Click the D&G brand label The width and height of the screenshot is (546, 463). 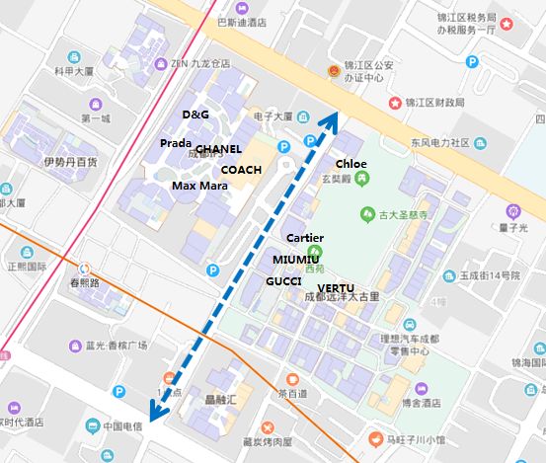click(195, 115)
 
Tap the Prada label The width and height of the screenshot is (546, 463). click(175, 143)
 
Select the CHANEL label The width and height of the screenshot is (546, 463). click(218, 149)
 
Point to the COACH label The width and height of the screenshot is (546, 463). click(241, 170)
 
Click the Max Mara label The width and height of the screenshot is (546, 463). click(199, 185)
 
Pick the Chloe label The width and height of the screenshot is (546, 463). click(351, 163)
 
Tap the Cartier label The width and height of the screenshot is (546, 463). click(305, 238)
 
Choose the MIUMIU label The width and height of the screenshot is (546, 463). click(295, 259)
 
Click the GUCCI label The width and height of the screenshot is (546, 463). click(283, 281)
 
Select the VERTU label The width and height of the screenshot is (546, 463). click(336, 287)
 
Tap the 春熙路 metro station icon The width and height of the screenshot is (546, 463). click(84, 268)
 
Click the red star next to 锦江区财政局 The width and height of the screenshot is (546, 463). click(396, 103)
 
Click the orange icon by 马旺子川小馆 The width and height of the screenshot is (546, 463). click(375, 438)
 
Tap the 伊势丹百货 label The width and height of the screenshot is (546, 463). click(70, 161)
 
